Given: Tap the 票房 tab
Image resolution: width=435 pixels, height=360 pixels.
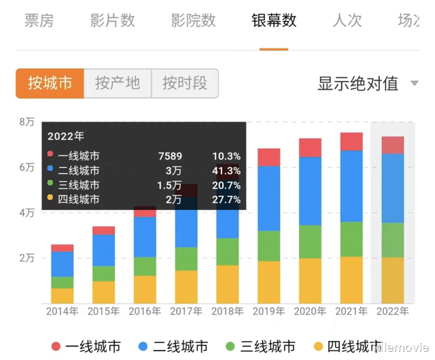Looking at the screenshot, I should tap(39, 20).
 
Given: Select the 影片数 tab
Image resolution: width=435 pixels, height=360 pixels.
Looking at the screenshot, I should tap(112, 20).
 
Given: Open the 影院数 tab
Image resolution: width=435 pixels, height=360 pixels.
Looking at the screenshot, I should tap(193, 20).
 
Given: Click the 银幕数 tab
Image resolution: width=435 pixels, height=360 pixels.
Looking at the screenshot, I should tap(274, 20).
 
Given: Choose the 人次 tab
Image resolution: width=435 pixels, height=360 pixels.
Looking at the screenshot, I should tap(347, 20).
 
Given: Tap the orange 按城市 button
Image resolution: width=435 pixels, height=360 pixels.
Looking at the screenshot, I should tap(50, 84).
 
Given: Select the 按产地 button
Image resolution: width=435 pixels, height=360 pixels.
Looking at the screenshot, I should tap(117, 84).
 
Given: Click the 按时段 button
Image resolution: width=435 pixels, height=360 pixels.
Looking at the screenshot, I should tap(184, 84).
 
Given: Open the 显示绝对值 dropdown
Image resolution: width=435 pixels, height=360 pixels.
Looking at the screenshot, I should tap(368, 84).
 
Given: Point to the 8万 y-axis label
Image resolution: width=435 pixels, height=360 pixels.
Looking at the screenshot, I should tap(27, 122).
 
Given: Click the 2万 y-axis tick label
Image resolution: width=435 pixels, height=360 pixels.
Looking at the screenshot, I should tap(27, 258).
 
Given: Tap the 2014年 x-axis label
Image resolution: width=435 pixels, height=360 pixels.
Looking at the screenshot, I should tap(63, 312).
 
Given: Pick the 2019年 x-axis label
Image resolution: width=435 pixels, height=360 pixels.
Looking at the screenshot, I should tap(269, 312).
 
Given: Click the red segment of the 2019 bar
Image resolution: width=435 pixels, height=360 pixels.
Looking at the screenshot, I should tap(269, 157).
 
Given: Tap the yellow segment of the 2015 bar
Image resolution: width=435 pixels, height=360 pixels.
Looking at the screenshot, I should tap(103, 292).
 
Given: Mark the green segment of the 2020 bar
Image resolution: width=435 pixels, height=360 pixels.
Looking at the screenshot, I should tap(310, 241).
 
